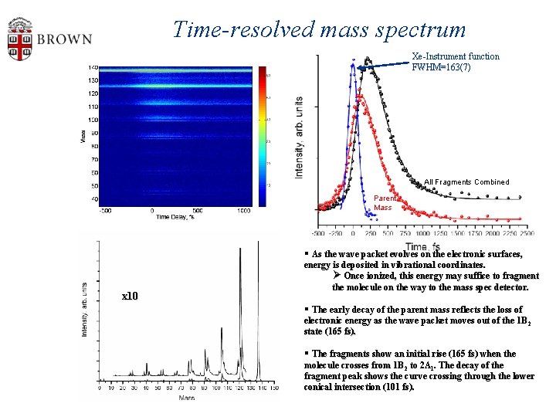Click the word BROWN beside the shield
[64, 39]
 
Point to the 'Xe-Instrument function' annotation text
[455, 56]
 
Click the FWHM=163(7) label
[441, 67]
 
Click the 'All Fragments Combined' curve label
[466, 182]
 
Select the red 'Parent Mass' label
[383, 203]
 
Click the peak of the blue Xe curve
[352, 63]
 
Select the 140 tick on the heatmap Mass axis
[92, 66]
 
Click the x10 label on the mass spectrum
[131, 296]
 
